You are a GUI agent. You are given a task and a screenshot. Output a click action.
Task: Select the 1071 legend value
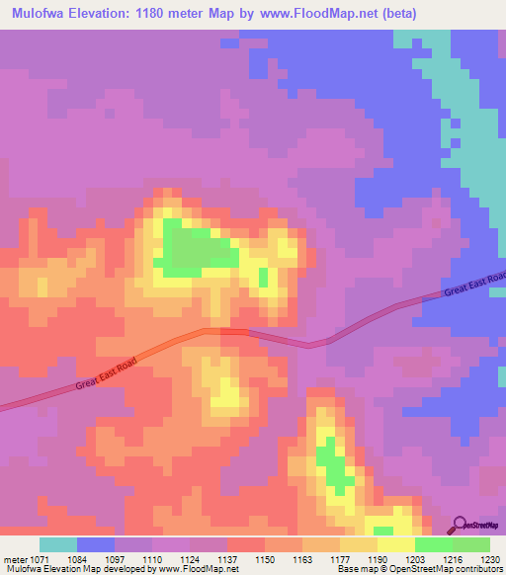click(41, 558)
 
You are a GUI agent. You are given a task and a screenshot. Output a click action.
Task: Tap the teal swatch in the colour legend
click(58, 544)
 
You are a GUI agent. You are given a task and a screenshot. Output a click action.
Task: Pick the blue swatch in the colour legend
click(96, 544)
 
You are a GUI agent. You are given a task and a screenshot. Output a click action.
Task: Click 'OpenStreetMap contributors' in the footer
click(450, 570)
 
